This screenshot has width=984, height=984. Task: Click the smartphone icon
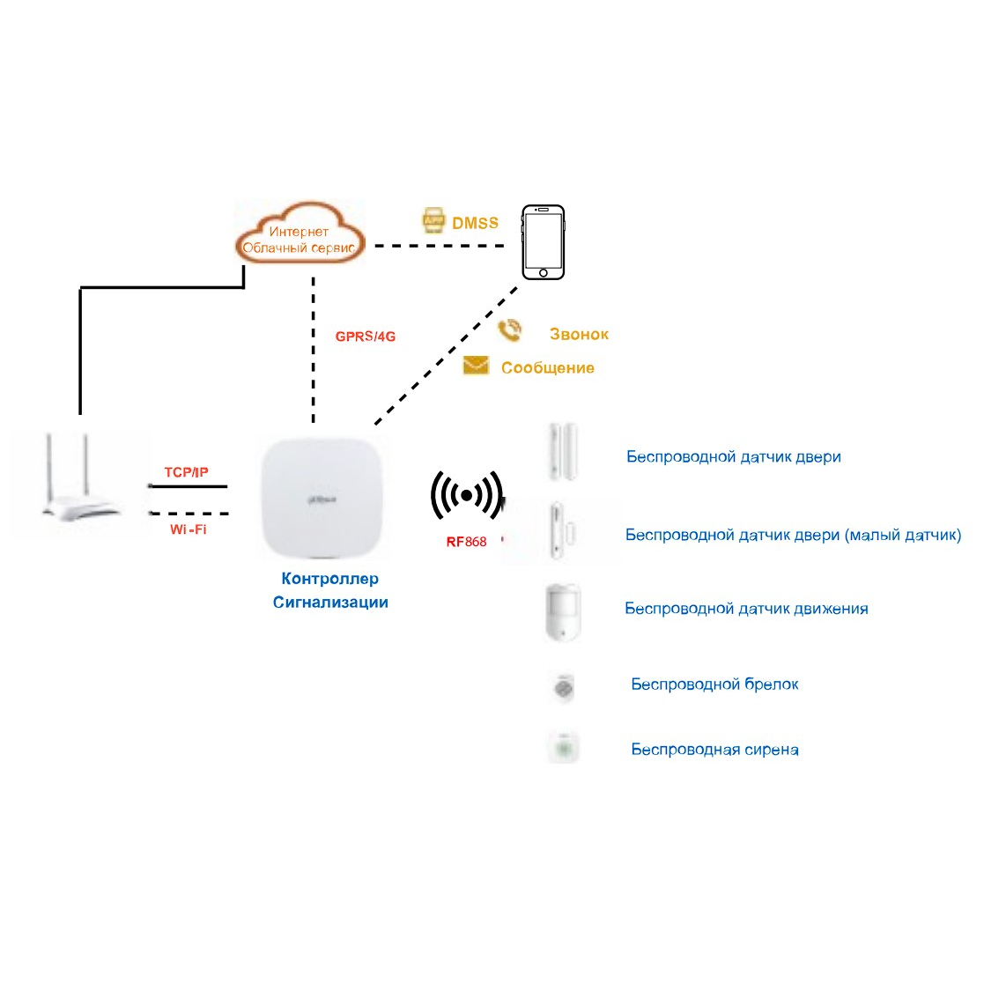click(x=543, y=242)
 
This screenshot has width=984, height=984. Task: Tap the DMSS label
click(x=475, y=224)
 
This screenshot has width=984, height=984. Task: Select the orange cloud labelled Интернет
click(x=299, y=235)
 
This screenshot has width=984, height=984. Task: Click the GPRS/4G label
click(x=365, y=337)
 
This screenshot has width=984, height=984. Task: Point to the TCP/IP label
click(x=187, y=473)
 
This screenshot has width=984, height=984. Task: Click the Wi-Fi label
click(x=189, y=529)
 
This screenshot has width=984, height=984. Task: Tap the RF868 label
click(x=466, y=542)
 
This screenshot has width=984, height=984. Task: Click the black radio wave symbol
click(x=466, y=496)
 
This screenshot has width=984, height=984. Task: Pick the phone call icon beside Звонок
click(x=508, y=331)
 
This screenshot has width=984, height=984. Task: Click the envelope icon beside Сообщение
click(x=476, y=366)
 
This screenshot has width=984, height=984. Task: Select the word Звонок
click(x=579, y=335)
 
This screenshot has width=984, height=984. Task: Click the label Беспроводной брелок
click(x=714, y=684)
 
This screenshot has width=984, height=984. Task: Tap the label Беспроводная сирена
click(x=714, y=751)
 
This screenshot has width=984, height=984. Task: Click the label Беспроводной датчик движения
click(x=746, y=609)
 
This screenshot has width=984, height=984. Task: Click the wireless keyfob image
click(x=563, y=686)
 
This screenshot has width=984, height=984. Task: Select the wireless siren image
click(x=563, y=750)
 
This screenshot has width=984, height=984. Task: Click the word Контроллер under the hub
click(x=330, y=579)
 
